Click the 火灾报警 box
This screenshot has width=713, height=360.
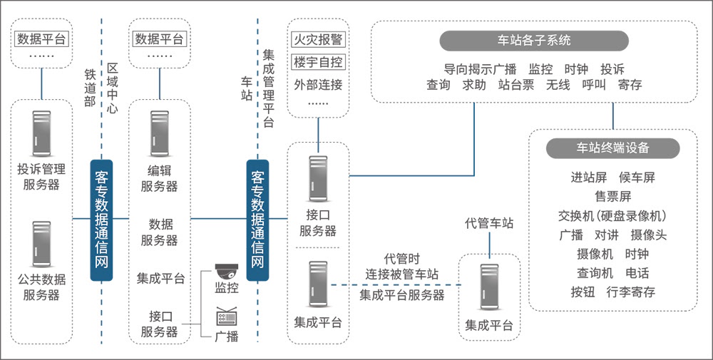(x=318, y=39)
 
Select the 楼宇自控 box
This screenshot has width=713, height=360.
(x=318, y=61)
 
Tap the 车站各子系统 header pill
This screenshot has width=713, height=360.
(x=534, y=41)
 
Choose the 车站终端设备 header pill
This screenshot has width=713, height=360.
(x=612, y=148)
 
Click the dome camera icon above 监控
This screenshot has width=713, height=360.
(x=226, y=272)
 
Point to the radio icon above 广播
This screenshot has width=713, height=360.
(x=226, y=317)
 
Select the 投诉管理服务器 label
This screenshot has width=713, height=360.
(x=41, y=178)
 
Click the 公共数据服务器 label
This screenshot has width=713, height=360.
(x=41, y=287)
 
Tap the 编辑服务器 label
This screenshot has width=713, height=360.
(x=159, y=178)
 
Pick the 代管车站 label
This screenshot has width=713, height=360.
(x=489, y=223)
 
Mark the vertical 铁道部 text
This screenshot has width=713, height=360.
(x=90, y=88)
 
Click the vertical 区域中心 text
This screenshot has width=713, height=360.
(x=112, y=88)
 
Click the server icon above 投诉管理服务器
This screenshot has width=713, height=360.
(x=41, y=134)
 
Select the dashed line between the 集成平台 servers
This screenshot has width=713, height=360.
(x=396, y=285)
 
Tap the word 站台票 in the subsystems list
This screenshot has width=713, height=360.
(x=515, y=85)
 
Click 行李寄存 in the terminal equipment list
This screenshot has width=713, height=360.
(x=631, y=292)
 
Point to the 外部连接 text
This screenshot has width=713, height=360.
(x=318, y=84)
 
